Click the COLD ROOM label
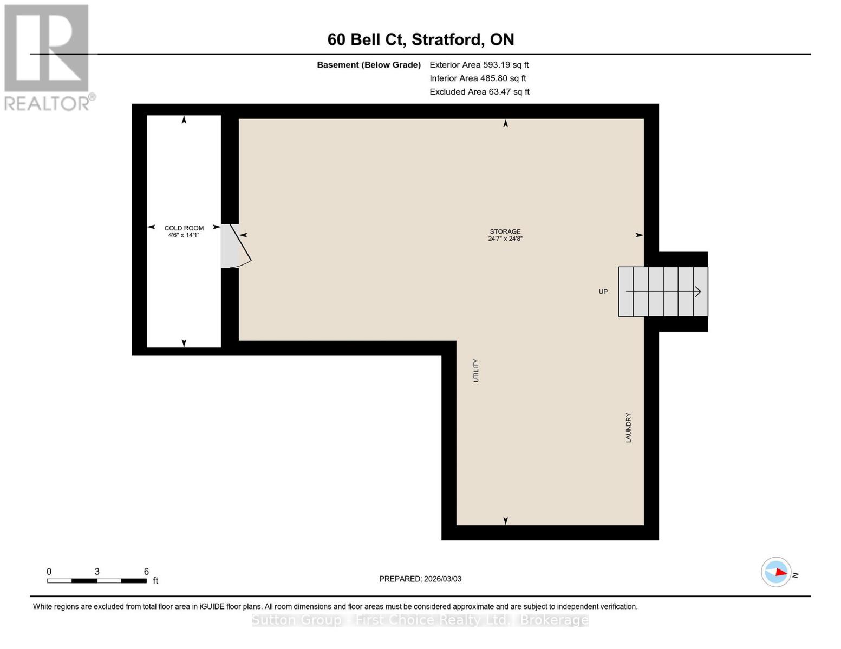point(184,228)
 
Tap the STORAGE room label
point(505,231)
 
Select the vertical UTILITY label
point(476,370)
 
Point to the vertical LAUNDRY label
point(628,428)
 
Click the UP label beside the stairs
point(603,292)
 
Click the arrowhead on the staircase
point(697,292)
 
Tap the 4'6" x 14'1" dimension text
point(184,235)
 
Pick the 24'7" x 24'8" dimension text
point(505,239)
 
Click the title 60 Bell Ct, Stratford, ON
point(421,39)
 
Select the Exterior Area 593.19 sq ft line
point(479,65)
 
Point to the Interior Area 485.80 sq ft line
point(478,78)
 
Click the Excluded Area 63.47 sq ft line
point(479,92)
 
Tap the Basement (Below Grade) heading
point(369,65)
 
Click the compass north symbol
point(777,572)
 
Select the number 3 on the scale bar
point(97,572)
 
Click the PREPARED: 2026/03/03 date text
point(420,579)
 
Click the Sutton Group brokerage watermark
point(420,620)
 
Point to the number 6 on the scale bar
point(146,572)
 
